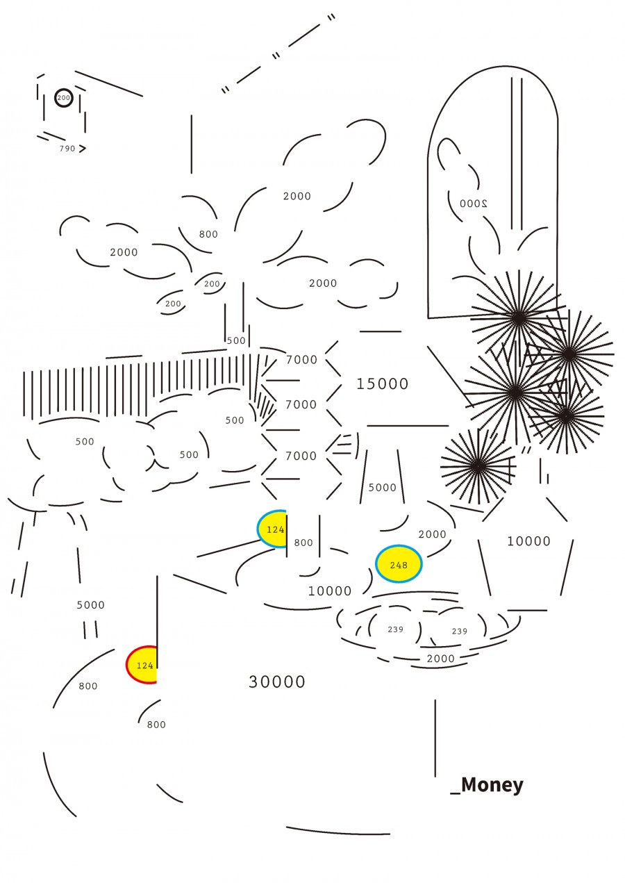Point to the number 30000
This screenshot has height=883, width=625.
click(277, 682)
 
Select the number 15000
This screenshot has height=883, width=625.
click(382, 384)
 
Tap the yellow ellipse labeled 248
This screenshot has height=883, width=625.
click(399, 564)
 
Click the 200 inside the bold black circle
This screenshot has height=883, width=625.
click(63, 98)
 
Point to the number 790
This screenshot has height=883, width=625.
click(67, 149)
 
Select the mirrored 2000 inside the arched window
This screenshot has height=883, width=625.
click(474, 204)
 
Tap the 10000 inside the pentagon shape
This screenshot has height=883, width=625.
click(528, 541)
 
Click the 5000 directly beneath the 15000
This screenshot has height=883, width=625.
click(382, 488)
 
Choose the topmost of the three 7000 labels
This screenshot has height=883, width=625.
click(301, 359)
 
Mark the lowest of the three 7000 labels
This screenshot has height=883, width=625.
click(301, 456)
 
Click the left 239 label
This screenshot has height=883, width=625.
click(395, 629)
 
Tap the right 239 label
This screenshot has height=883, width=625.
click(460, 632)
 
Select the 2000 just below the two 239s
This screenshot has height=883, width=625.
click(440, 659)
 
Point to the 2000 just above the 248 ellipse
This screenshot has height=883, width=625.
click(433, 534)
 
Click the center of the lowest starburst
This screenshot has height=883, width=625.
click(478, 467)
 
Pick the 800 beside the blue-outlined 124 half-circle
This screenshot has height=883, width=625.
click(303, 543)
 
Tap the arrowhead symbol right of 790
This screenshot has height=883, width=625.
click(83, 149)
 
